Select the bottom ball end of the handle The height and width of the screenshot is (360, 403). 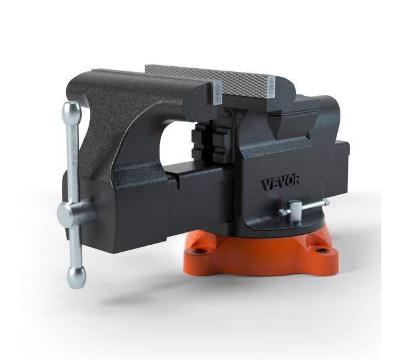click(76, 277)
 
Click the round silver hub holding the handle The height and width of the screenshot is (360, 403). click(70, 214)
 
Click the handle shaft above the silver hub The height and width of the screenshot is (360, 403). click(73, 161)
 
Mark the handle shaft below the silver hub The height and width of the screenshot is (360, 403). click(75, 248)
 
